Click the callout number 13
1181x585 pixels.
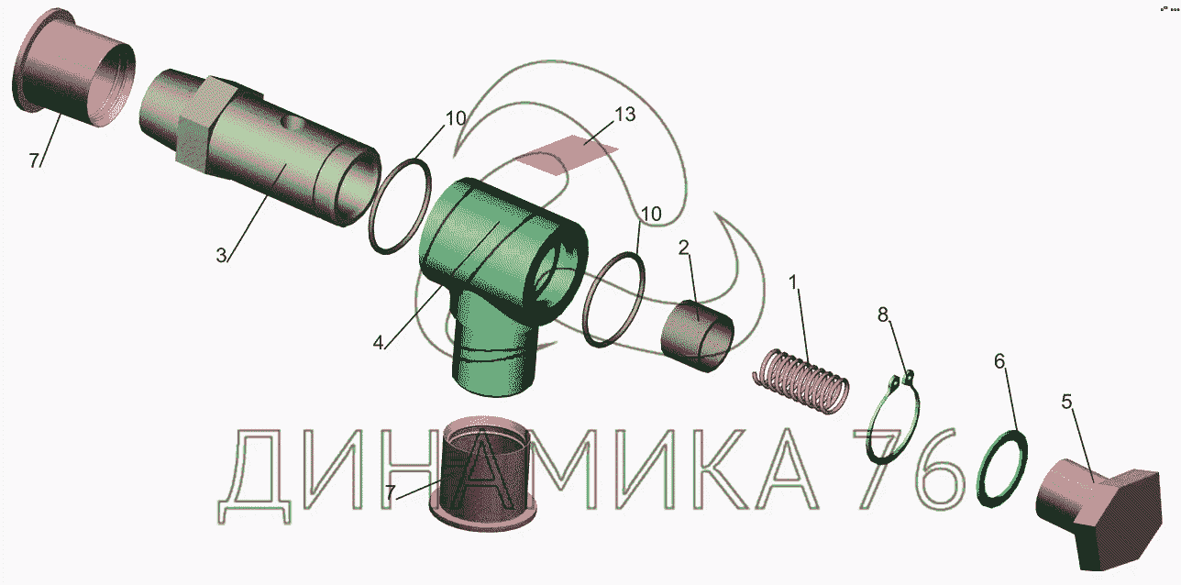(x=624, y=115)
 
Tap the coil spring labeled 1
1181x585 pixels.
(x=800, y=381)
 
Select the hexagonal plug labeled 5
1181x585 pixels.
(x=1100, y=513)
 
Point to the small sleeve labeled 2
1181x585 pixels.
(x=698, y=336)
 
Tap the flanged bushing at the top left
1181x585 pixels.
(x=73, y=68)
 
